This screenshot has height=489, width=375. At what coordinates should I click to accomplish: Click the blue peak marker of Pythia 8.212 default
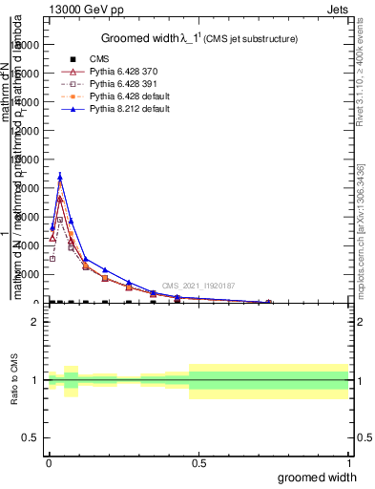point(60,176)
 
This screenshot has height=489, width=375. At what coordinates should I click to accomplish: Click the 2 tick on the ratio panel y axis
point(34,322)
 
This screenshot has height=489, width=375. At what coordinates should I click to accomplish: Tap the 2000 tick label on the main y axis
point(29,274)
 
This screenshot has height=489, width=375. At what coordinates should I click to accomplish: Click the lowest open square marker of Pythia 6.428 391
point(52,259)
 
